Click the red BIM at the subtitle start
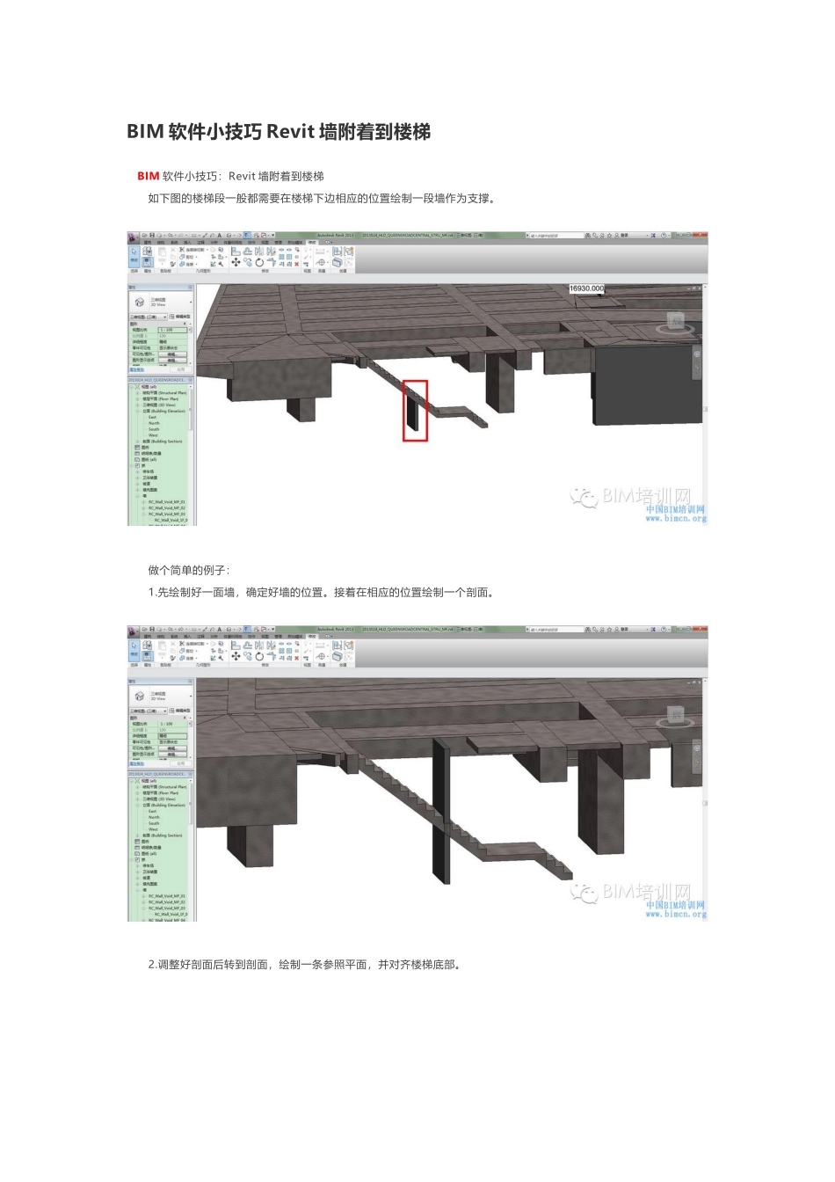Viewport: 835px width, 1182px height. coord(148,176)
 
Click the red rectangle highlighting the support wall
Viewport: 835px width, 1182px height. coord(415,411)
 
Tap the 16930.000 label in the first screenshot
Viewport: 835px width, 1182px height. coord(586,288)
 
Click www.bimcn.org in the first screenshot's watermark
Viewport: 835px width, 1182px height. coord(675,519)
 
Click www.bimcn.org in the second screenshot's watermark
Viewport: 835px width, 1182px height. coord(675,915)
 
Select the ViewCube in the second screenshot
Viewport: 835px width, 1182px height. coord(674,717)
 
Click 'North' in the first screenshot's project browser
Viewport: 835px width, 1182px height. coord(154,423)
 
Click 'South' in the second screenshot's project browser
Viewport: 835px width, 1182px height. coord(154,823)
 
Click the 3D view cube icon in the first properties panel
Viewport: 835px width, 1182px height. coord(139,302)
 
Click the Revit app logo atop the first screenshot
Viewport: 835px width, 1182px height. coord(134,236)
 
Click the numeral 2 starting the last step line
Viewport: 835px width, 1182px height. coord(151,965)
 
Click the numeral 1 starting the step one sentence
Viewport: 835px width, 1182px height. coord(151,593)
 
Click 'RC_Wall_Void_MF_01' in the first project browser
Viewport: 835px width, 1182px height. coord(166,502)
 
